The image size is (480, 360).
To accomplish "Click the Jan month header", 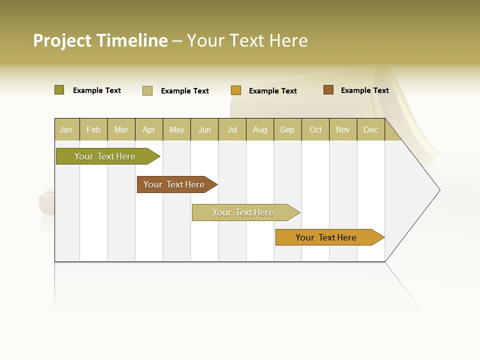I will click(66, 129).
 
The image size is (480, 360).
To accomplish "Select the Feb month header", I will click(93, 129).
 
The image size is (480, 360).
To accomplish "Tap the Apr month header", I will click(148, 129).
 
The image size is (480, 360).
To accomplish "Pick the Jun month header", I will click(204, 129).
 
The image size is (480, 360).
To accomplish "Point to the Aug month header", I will click(260, 129).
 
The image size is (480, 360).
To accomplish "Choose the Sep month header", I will click(287, 129).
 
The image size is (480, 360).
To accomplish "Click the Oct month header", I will click(315, 129).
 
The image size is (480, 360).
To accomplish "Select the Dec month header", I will click(370, 129).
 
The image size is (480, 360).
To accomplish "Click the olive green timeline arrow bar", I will click(105, 156).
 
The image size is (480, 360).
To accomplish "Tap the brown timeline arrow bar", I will click(174, 184).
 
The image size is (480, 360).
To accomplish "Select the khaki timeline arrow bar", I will click(243, 212).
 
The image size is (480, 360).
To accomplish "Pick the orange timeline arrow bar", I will click(326, 237).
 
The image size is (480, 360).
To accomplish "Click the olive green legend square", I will click(59, 90).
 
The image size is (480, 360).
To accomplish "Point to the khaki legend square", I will click(147, 90).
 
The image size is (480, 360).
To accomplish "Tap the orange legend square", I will click(236, 90).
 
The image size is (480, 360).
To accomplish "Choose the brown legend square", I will click(328, 90).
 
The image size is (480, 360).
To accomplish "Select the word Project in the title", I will click(62, 40).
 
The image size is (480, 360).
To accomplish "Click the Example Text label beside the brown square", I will click(364, 90).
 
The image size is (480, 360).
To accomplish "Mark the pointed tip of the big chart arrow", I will click(439, 190).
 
